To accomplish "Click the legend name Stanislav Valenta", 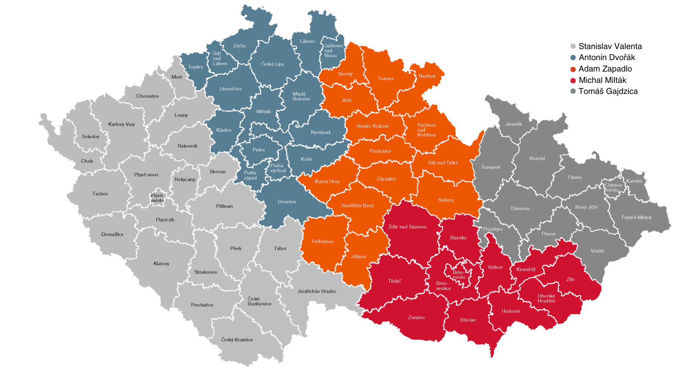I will (x=610, y=46).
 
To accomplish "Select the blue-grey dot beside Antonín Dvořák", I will (x=573, y=58).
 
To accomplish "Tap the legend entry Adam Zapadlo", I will (x=605, y=69).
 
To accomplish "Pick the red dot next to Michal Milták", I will (x=573, y=80).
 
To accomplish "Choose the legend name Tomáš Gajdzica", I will (x=608, y=91).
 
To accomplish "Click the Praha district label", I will (x=258, y=150).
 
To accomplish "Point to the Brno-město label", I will (x=459, y=275).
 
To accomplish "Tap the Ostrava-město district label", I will (x=613, y=188).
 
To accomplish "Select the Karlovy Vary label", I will (x=121, y=124).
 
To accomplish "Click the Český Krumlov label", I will (x=237, y=340).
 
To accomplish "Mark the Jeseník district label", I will (x=513, y=124).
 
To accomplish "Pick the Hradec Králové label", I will (x=372, y=126).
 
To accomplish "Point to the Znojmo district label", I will (x=416, y=317).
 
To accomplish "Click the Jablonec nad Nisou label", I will (x=334, y=50).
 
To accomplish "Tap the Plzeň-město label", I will (x=157, y=198).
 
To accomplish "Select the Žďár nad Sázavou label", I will (x=407, y=227).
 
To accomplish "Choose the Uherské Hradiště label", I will (x=546, y=298).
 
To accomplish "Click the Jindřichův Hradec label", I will (x=317, y=291).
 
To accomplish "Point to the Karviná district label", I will (x=634, y=181).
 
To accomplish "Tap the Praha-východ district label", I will (x=277, y=168).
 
